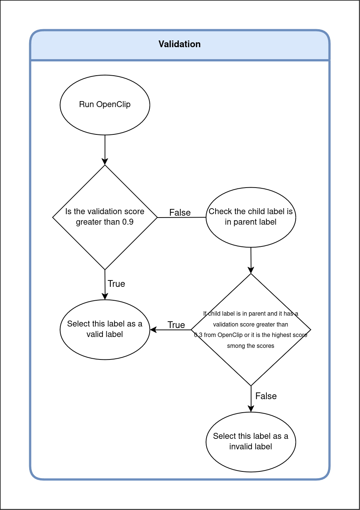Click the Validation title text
point(180,44)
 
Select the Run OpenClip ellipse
point(105,105)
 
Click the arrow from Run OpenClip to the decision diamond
point(105,150)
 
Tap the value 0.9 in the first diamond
point(128,222)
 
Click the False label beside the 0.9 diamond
point(180,213)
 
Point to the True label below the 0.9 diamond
point(116,284)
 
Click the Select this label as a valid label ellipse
point(105,344)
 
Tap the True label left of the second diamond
point(176,325)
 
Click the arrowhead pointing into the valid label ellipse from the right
point(153,330)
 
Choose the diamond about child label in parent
point(251,367)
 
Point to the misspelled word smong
point(236,346)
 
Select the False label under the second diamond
point(266,396)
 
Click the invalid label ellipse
point(251,459)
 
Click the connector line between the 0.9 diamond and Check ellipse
point(181,218)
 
